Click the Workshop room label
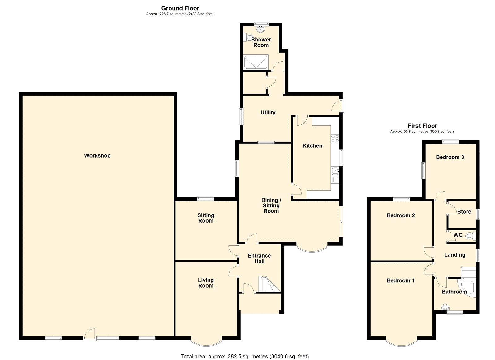pos(97,155)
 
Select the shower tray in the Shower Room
pos(256,62)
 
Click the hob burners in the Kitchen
pos(335,138)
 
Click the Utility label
pos(268,112)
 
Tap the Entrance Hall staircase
pos(269,284)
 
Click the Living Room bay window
pos(206,342)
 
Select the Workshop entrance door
pos(90,334)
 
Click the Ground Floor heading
pos(180,8)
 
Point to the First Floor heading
pos(422,126)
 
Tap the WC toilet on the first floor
pos(470,236)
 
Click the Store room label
pos(464,212)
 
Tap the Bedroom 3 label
pos(450,157)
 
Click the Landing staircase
pos(468,272)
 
